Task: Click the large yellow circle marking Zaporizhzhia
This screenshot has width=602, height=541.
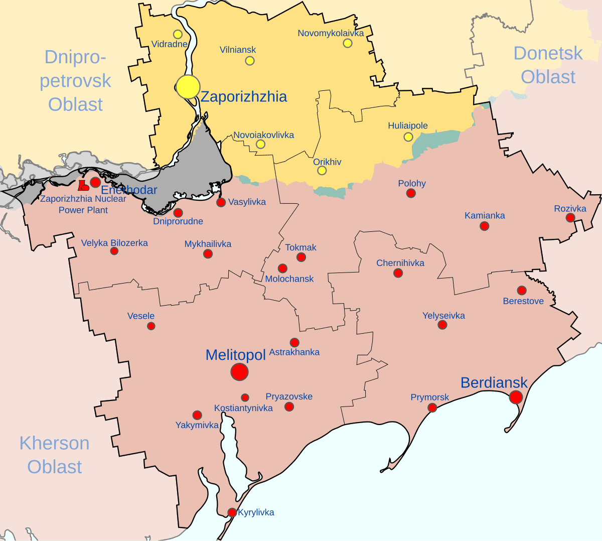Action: [188, 87]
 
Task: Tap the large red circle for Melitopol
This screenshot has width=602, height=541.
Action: [239, 372]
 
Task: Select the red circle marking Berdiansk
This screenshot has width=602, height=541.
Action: [516, 397]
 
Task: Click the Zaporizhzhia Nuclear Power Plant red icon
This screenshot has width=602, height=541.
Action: [83, 186]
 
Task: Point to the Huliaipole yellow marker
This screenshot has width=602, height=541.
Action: [408, 137]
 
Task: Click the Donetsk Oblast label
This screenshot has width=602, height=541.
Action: [548, 65]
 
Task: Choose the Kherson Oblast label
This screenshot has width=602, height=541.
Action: [54, 455]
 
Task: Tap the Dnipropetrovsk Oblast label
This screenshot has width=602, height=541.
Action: [75, 80]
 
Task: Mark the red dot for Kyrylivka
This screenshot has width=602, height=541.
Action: [232, 512]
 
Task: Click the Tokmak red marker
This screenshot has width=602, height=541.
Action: [301, 257]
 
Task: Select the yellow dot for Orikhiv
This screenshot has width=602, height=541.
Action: [322, 171]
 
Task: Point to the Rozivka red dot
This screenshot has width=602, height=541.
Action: [570, 217]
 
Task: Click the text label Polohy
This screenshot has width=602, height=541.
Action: [412, 184]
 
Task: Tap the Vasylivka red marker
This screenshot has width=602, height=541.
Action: [221, 202]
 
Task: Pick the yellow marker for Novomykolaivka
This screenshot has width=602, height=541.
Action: [348, 43]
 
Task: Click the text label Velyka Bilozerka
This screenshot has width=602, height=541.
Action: [114, 243]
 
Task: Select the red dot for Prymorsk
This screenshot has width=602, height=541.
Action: [432, 408]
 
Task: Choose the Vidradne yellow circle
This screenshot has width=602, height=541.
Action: [178, 34]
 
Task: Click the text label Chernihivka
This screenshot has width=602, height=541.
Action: [400, 263]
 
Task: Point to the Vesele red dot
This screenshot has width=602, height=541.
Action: [151, 326]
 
